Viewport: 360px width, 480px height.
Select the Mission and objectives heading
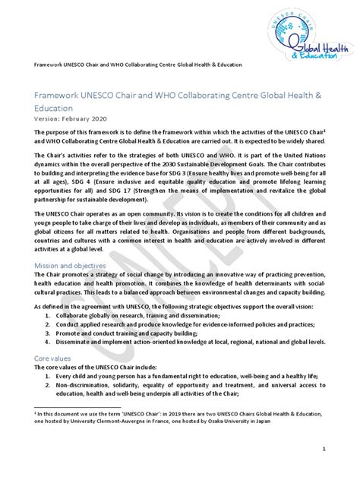pos(68,265)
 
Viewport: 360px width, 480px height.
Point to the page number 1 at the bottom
pos(324,449)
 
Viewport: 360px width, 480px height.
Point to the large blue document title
pos(179,100)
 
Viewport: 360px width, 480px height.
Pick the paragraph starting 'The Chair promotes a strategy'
pos(179,288)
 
